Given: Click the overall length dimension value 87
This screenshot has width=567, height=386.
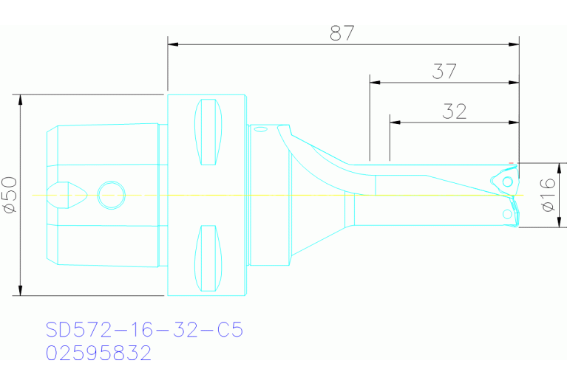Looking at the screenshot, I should [x=342, y=32].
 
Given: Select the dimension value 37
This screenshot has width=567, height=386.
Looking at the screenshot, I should [x=444, y=72].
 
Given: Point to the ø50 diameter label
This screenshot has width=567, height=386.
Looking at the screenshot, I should [x=10, y=195].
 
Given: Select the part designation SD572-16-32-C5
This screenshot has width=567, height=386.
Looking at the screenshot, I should [x=144, y=329].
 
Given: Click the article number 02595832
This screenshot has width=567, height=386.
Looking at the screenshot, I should [x=98, y=354].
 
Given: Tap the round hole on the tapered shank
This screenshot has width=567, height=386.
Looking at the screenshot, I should [x=111, y=196].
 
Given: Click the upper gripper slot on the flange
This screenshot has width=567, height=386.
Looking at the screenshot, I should [x=208, y=133].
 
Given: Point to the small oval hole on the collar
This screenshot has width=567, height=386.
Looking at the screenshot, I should [x=259, y=129].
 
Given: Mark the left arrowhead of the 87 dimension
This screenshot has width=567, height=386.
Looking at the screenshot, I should [x=173, y=44].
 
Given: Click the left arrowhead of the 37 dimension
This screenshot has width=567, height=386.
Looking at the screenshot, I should [x=375, y=81].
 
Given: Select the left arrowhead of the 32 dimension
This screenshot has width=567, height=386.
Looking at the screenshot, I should [x=394, y=121].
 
